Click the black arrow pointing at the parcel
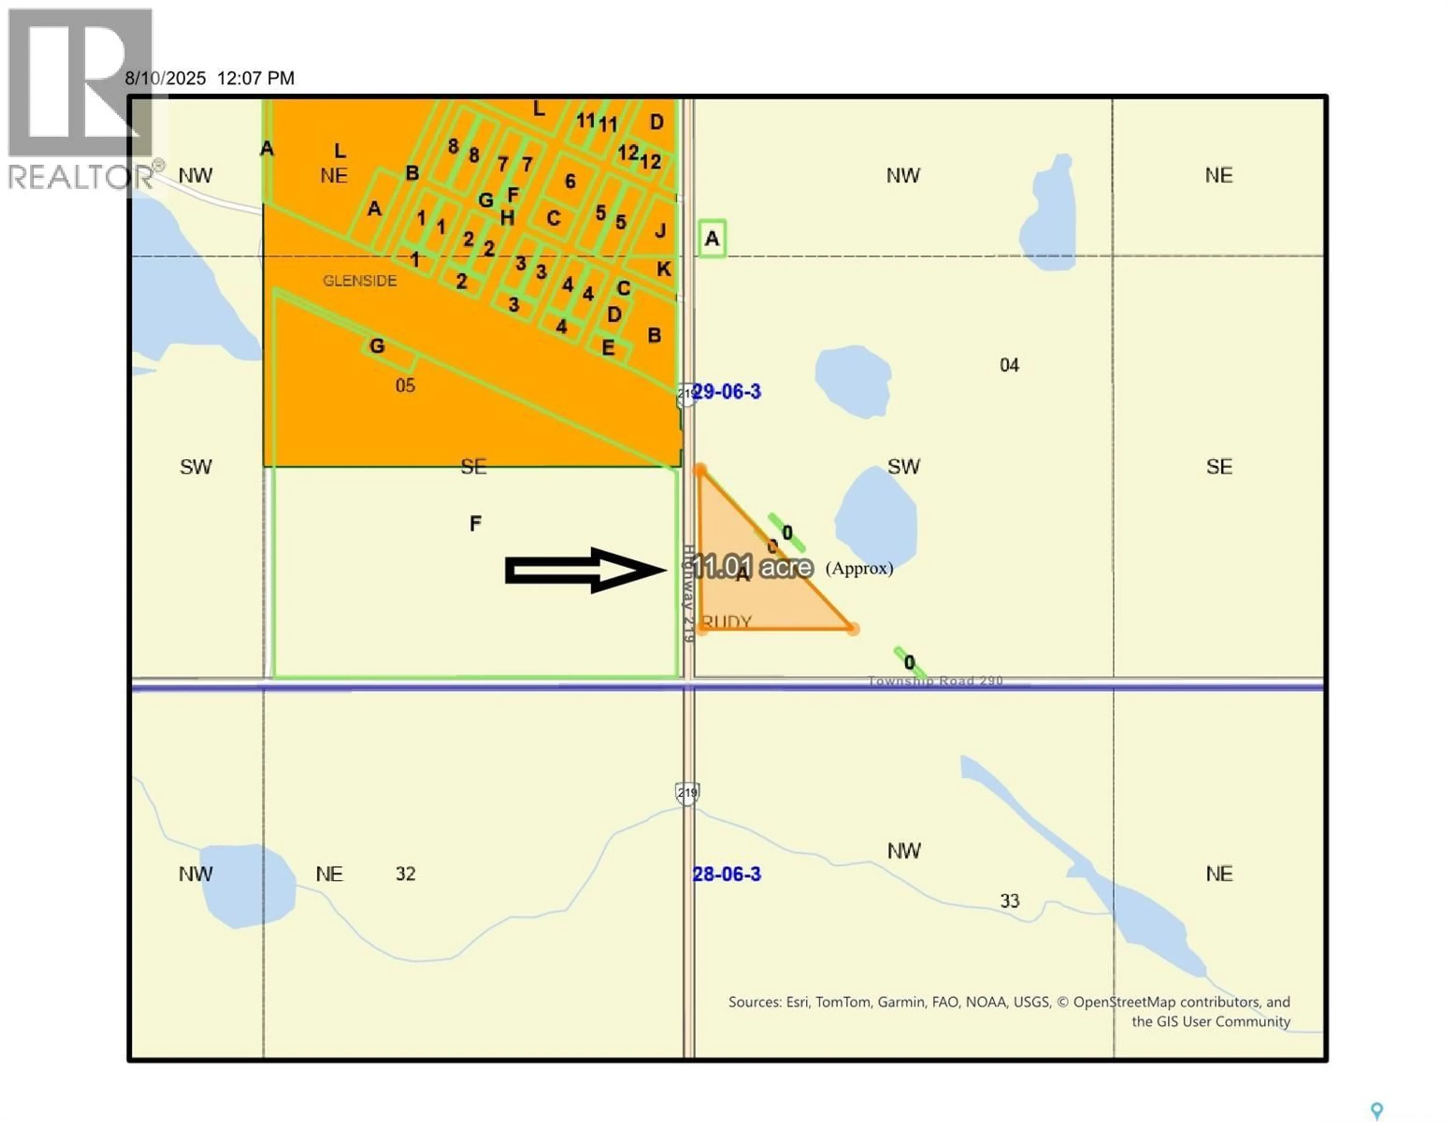tap(585, 570)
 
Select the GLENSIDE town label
tap(359, 281)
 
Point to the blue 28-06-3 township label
tap(727, 874)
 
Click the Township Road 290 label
tap(936, 681)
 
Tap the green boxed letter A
tap(712, 238)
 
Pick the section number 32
tap(405, 874)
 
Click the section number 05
tap(405, 386)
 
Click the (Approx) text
tap(859, 569)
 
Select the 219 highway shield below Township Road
tap(687, 792)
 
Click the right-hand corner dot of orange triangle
tap(854, 628)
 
